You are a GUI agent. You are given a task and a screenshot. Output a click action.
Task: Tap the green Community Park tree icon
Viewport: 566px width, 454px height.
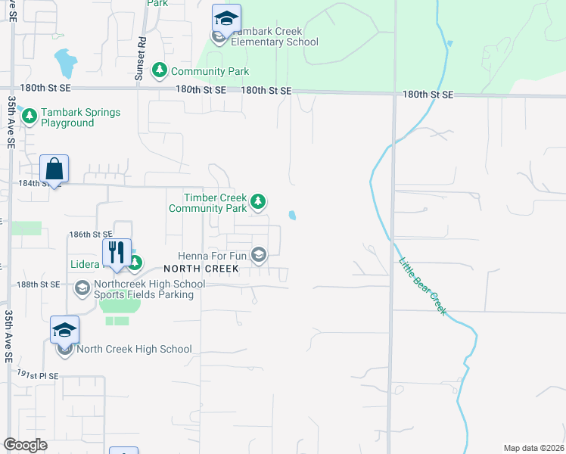pyautogui.click(x=160, y=70)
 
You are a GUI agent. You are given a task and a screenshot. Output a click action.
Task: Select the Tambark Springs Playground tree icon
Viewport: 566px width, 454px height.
pyautogui.click(x=30, y=117)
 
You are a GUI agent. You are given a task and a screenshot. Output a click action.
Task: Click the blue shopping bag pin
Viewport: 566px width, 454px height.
pyautogui.click(x=54, y=169)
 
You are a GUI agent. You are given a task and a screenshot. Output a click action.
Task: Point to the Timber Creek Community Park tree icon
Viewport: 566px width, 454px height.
pyautogui.click(x=259, y=201)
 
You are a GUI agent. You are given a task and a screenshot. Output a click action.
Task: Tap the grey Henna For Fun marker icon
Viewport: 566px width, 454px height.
pyautogui.click(x=259, y=255)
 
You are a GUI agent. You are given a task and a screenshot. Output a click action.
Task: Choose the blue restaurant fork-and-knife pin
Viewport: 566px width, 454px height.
pyautogui.click(x=117, y=251)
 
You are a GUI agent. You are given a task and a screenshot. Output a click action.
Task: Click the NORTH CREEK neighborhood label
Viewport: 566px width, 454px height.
pyautogui.click(x=200, y=269)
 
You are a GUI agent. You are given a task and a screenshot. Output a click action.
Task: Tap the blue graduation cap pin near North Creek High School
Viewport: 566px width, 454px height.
pyautogui.click(x=64, y=330)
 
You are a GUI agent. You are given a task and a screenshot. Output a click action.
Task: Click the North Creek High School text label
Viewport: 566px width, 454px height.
pyautogui.click(x=135, y=349)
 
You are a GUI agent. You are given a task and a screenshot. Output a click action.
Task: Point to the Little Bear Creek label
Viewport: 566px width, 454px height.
pyautogui.click(x=423, y=287)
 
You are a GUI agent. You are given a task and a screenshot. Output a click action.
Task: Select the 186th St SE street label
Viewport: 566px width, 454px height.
pyautogui.click(x=90, y=235)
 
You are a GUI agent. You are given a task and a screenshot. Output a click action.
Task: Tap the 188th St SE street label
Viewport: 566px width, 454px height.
pyautogui.click(x=39, y=284)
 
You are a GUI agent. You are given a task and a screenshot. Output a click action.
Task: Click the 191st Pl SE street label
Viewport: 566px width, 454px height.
pyautogui.click(x=38, y=375)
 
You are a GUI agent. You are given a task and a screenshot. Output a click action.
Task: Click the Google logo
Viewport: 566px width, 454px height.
pyautogui.click(x=26, y=445)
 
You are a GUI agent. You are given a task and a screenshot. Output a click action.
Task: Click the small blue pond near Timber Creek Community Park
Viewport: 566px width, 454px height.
pyautogui.click(x=292, y=216)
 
